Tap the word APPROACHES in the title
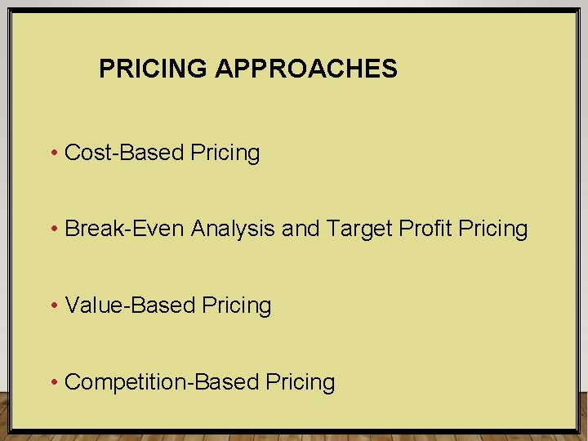pyautogui.click(x=306, y=69)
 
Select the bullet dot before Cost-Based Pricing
pyautogui.click(x=53, y=153)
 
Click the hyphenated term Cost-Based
pyautogui.click(x=124, y=153)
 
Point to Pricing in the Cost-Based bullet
pyautogui.click(x=225, y=154)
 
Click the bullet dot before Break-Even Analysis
pyautogui.click(x=53, y=229)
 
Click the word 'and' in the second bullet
pyautogui.click(x=301, y=229)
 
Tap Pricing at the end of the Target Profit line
pyautogui.click(x=493, y=229)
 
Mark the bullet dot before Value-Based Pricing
pyautogui.click(x=53, y=305)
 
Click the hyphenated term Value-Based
pyautogui.click(x=130, y=305)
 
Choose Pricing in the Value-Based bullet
pyautogui.click(x=237, y=306)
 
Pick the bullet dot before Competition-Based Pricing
pyautogui.click(x=53, y=382)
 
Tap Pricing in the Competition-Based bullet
pyautogui.click(x=300, y=383)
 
